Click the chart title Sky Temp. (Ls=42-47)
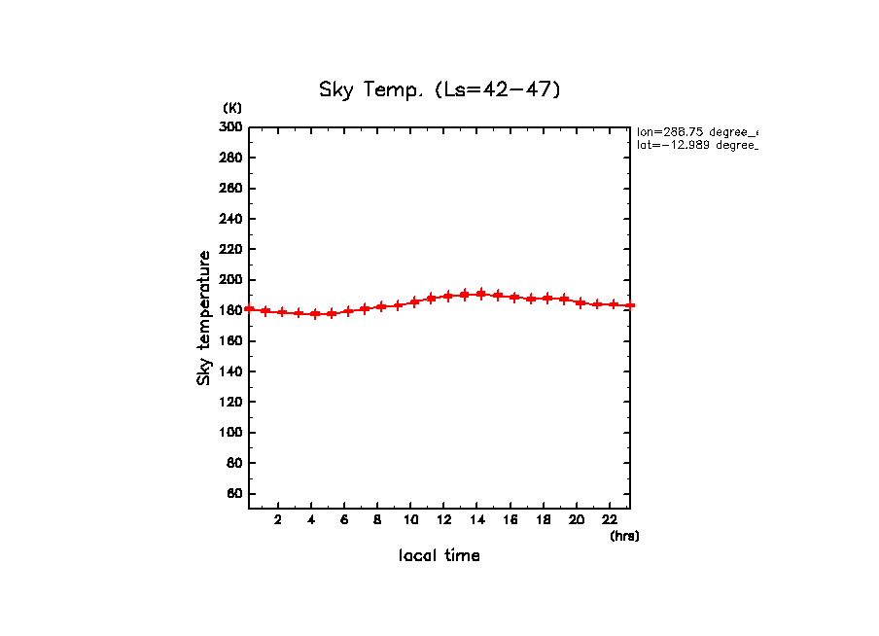(x=439, y=89)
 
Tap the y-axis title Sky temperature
(x=204, y=317)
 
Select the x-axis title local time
(x=439, y=556)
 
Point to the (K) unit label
(x=232, y=107)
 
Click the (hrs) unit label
(x=624, y=536)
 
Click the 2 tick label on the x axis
(x=278, y=519)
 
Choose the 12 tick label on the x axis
(x=444, y=519)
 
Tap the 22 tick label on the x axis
(x=610, y=519)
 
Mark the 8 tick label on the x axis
(x=378, y=519)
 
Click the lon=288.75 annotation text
(x=696, y=131)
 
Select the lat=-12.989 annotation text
(x=696, y=145)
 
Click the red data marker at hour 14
(x=480, y=294)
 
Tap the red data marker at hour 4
(x=315, y=314)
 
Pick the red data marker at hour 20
(x=580, y=302)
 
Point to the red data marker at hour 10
(x=414, y=301)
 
